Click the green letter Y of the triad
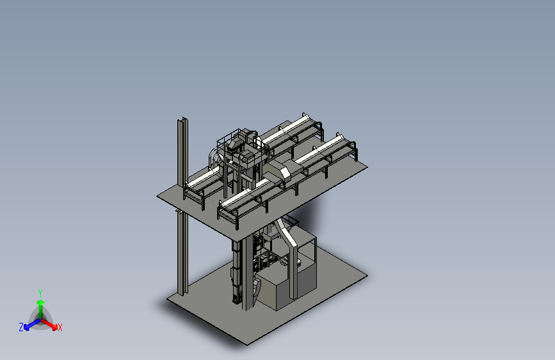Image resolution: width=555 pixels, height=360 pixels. (40, 293)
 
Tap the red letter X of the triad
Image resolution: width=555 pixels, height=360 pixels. (60, 327)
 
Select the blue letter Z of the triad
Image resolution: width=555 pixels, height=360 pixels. (21, 327)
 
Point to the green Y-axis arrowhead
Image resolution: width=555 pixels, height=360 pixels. (41, 303)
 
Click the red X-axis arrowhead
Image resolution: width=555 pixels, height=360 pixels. (54, 327)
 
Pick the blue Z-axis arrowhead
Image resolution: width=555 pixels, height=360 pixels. (26, 327)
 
